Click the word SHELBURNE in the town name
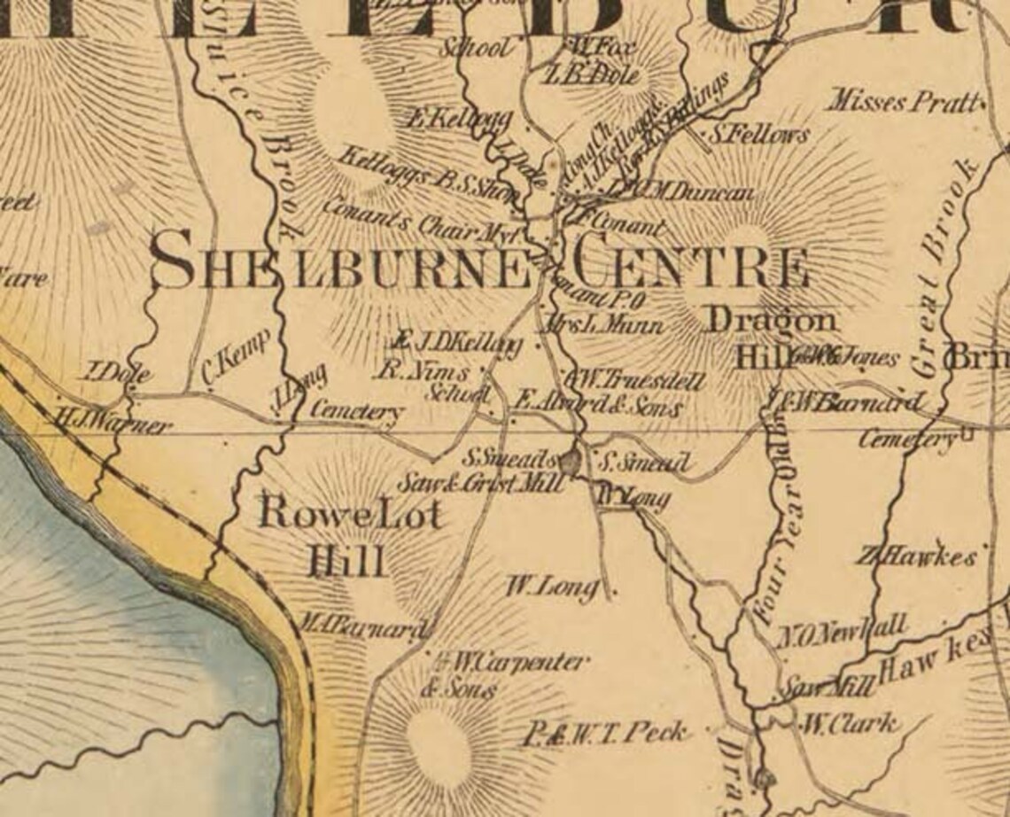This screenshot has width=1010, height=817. (341, 262)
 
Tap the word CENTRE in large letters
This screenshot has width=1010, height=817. (689, 264)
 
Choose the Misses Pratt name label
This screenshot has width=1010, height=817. (904, 102)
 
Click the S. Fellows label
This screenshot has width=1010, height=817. (759, 135)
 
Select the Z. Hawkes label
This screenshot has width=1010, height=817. (916, 557)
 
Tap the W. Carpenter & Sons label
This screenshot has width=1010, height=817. (505, 673)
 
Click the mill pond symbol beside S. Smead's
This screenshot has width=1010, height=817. (571, 461)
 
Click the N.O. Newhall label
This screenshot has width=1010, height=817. (843, 632)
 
